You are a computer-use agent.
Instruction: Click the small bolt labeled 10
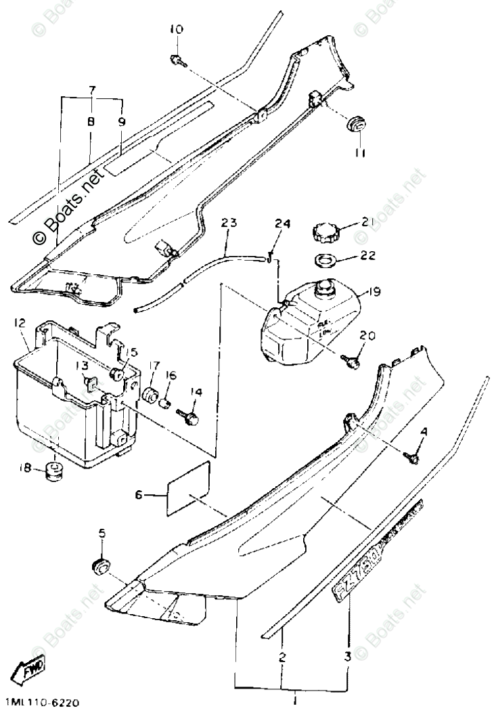pos(177,61)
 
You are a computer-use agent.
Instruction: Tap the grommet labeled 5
pos(101,567)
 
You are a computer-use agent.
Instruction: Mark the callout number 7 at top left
pos(92,90)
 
